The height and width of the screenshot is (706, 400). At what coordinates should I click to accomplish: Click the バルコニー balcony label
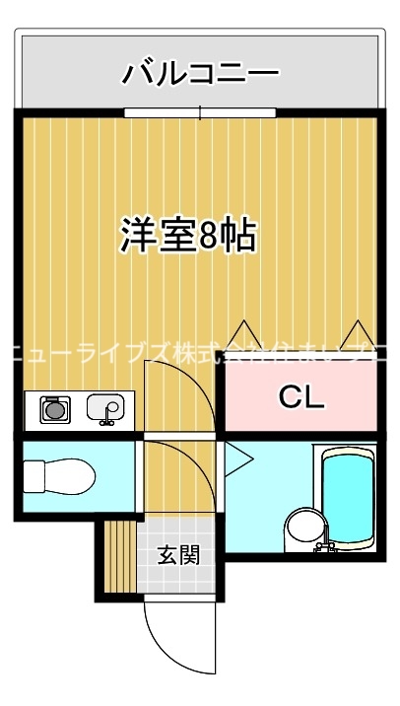[x=201, y=73]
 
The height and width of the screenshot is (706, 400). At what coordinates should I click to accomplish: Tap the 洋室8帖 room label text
[x=188, y=235]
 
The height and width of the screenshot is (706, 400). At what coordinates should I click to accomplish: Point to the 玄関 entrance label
[x=178, y=555]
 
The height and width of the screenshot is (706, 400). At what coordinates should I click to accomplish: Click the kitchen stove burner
[x=53, y=407]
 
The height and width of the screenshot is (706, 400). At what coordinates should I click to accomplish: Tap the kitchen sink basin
[x=104, y=405]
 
